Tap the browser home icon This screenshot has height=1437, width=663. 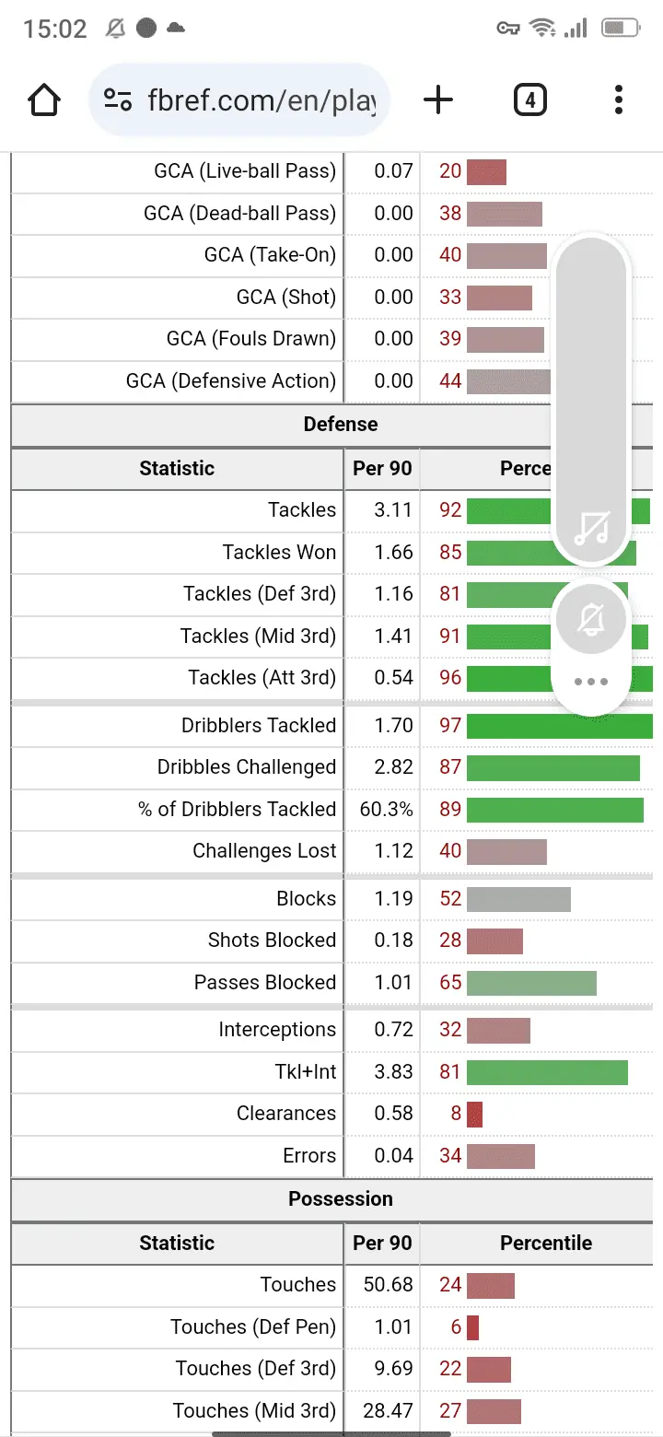[x=44, y=99]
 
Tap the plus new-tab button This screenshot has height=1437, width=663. [x=438, y=99]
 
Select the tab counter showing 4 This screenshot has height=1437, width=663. [x=529, y=99]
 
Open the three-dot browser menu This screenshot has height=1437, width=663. [x=618, y=99]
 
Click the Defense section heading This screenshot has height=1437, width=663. [x=340, y=424]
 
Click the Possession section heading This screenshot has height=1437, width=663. [x=340, y=1198]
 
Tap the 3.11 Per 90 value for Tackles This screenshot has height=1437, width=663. [x=393, y=509]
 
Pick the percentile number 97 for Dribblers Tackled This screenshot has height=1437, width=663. [x=450, y=725]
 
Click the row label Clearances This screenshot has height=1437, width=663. [x=285, y=1113]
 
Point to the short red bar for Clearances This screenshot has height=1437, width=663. [x=474, y=1114]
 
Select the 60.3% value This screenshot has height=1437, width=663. [x=387, y=809]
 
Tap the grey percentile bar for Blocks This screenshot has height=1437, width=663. [x=518, y=899]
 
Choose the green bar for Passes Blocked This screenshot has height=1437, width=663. [x=531, y=983]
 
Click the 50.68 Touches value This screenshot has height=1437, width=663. [x=388, y=1284]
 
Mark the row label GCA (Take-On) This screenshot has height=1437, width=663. [x=270, y=254]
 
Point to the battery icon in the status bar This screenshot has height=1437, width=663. [x=620, y=29]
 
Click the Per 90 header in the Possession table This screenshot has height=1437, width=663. [x=382, y=1243]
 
